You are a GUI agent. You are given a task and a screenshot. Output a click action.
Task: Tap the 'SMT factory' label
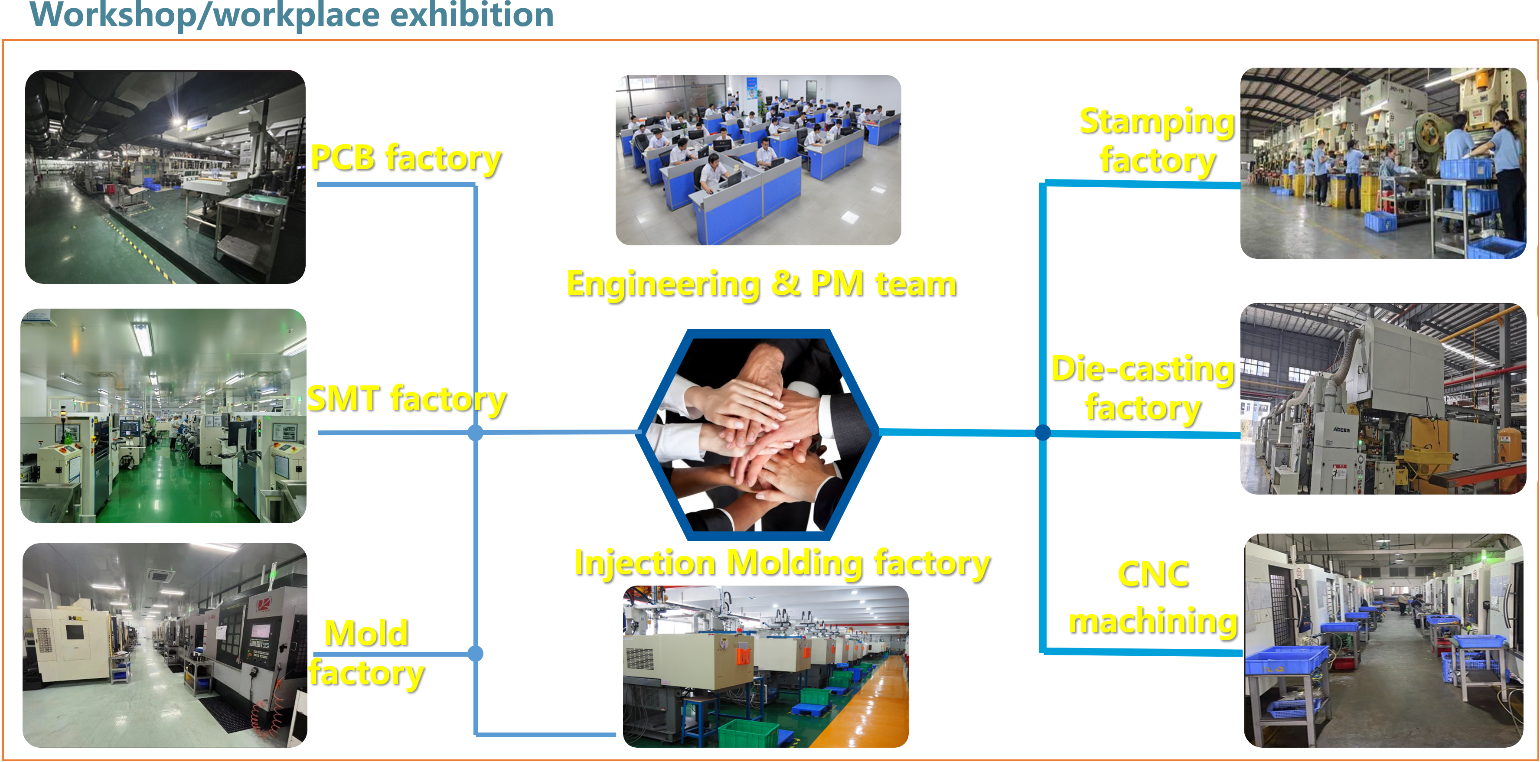(407, 399)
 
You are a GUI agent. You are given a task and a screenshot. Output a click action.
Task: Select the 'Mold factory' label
(366, 654)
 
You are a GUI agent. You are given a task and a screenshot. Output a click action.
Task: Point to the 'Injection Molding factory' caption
(782, 563)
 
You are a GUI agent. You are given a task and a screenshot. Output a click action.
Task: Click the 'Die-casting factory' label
(1143, 388)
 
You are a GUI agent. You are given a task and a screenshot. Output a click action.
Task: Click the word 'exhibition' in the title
(472, 14)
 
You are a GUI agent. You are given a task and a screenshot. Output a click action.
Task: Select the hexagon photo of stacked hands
(758, 434)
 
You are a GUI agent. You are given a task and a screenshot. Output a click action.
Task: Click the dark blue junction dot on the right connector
(1043, 432)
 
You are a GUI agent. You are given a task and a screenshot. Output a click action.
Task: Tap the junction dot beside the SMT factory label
(475, 433)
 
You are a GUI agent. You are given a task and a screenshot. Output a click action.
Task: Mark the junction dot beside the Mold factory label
(475, 654)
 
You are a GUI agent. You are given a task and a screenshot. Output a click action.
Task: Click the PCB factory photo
(165, 177)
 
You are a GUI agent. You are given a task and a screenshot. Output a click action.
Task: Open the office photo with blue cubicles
(758, 160)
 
